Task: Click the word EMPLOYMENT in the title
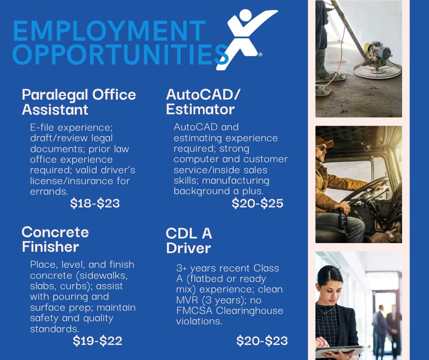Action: tap(109, 31)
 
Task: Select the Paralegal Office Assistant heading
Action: tap(78, 102)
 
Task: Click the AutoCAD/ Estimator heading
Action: tap(203, 102)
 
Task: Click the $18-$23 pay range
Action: tap(95, 204)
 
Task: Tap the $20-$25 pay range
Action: tap(258, 204)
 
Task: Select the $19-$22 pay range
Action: tap(98, 341)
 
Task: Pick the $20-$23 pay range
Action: tap(262, 341)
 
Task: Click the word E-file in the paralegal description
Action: tap(45, 127)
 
